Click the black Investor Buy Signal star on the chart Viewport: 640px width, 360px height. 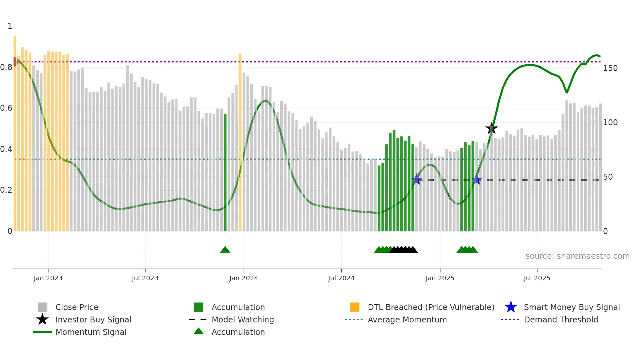point(491,129)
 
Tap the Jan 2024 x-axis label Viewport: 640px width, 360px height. point(244,278)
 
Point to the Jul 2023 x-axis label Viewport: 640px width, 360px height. point(145,278)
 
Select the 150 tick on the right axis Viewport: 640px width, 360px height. point(610,68)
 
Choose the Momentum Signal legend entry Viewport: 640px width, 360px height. point(91,332)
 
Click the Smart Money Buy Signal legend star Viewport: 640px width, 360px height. point(511,307)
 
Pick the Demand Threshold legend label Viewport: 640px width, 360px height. point(561,319)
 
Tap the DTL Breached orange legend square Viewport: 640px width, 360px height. point(355,307)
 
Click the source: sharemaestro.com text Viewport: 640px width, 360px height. point(577,256)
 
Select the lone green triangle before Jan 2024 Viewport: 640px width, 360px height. point(225,250)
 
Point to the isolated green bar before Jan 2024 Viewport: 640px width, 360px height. point(225,173)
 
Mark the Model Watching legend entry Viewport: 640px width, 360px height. point(242,319)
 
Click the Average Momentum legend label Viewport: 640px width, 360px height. point(407,319)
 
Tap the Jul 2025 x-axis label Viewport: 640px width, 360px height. point(537,278)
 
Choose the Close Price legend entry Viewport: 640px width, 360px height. point(76,307)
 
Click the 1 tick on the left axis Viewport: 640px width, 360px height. point(10,26)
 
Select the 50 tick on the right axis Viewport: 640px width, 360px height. point(608,177)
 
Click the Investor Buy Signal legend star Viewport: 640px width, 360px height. point(42,319)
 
